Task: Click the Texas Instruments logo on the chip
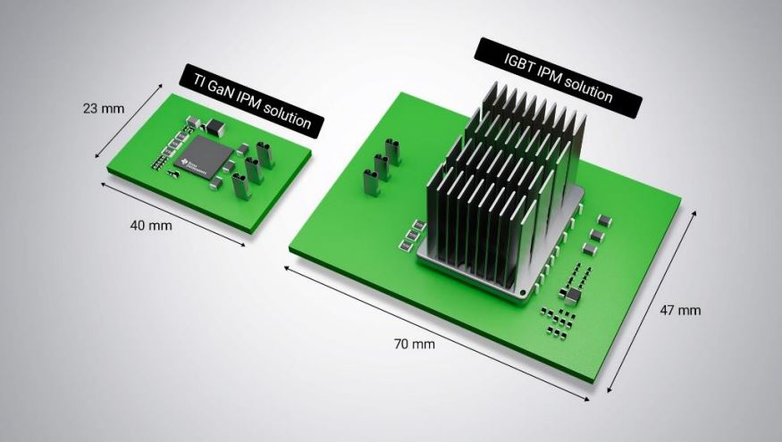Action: coord(189,162)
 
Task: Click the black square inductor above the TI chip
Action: coord(214,127)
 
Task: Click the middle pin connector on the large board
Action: coord(382,166)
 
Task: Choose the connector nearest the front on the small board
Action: coord(240,186)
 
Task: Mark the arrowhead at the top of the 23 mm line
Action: coord(161,86)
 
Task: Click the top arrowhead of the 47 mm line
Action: coord(694,213)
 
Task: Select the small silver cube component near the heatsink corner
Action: coord(572,296)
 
